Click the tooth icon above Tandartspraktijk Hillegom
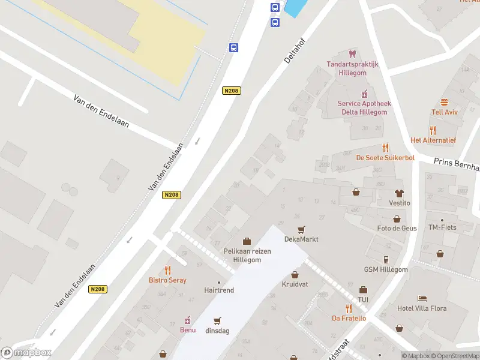352,54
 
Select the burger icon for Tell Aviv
445,102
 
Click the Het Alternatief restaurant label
433,140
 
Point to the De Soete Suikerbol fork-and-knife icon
385,148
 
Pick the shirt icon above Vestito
399,193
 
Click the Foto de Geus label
397,228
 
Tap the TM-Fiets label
442,228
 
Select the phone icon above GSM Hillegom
385,259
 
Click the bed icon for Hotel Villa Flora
422,298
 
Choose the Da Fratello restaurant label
349,318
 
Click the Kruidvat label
295,284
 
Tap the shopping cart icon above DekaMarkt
301,229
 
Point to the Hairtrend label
218,290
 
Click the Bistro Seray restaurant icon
167,270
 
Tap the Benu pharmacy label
188,329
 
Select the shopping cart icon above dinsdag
217,320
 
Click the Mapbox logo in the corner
26,353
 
